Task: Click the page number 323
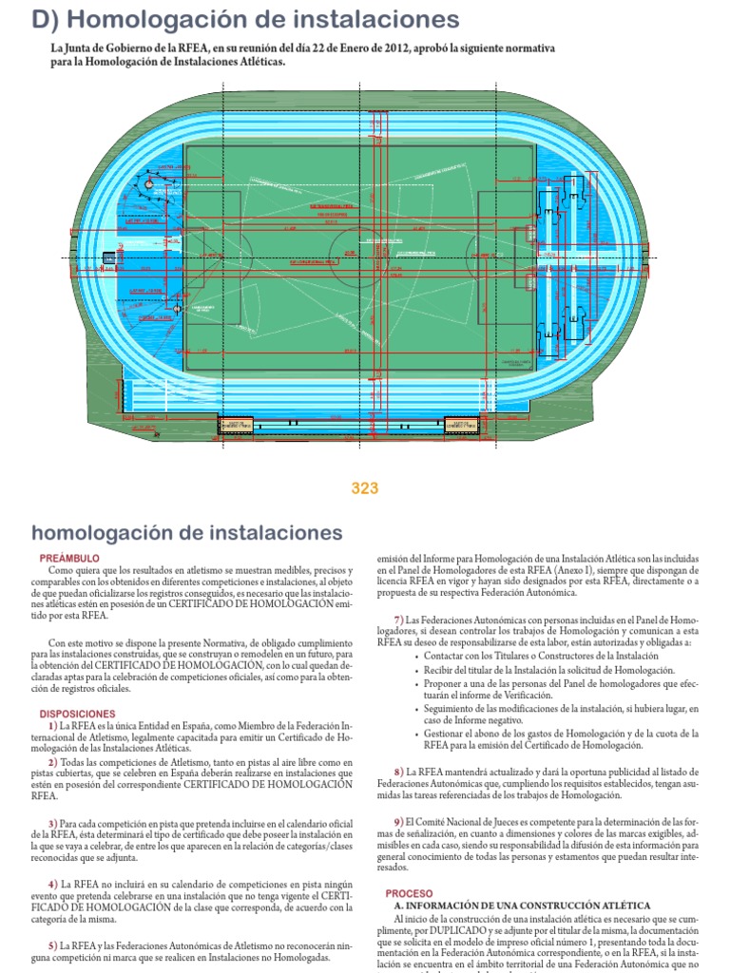coord(365,488)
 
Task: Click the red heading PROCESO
coord(409,893)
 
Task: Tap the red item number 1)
coord(53,726)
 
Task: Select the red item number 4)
coord(53,884)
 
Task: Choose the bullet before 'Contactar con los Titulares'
coord(414,657)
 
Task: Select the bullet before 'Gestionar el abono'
coord(414,734)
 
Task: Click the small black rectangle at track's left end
coord(108,257)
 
